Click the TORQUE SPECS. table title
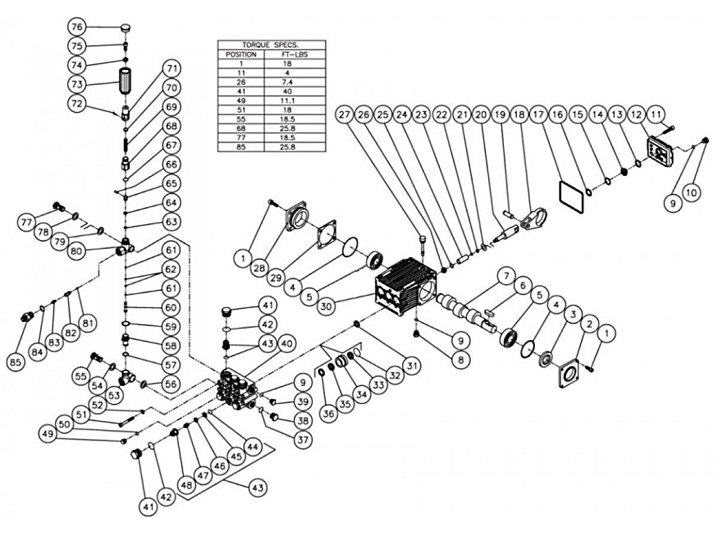point(271,45)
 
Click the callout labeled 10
point(692,193)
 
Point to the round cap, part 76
point(126,28)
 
